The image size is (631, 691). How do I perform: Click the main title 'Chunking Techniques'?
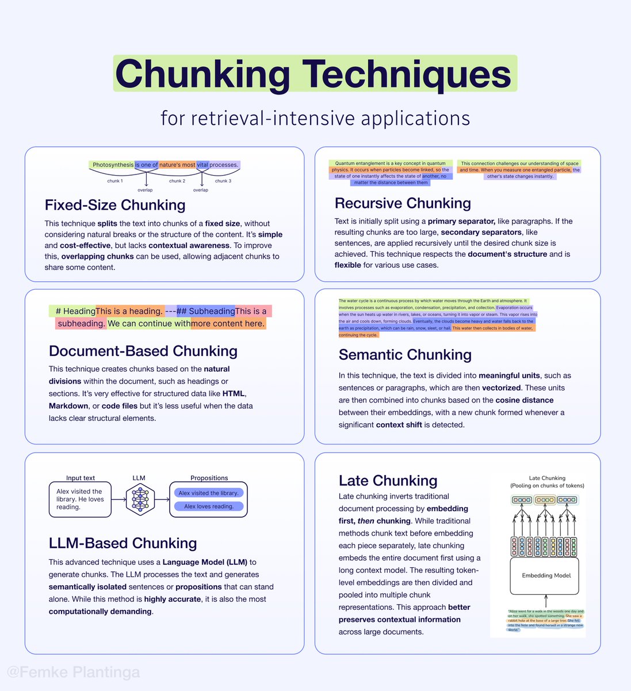click(x=315, y=74)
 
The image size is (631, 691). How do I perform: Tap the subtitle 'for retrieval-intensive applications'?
click(x=315, y=118)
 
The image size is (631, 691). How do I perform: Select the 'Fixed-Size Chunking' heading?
click(x=115, y=205)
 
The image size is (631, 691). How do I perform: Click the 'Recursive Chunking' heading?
click(x=403, y=203)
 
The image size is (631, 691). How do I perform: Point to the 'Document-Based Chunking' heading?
click(x=143, y=351)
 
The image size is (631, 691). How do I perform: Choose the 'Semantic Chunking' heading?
click(x=405, y=355)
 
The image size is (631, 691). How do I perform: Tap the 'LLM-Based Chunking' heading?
click(x=123, y=543)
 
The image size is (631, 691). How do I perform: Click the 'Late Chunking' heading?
click(x=388, y=480)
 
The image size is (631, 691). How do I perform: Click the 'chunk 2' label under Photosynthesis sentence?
click(x=177, y=181)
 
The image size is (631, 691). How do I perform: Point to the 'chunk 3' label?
click(x=223, y=181)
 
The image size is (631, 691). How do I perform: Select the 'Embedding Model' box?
click(x=546, y=575)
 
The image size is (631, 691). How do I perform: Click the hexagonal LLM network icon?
click(x=140, y=499)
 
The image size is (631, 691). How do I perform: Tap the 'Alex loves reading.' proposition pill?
click(x=209, y=507)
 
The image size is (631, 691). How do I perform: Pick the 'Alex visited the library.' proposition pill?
click(x=208, y=493)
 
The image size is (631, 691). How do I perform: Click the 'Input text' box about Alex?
click(x=80, y=499)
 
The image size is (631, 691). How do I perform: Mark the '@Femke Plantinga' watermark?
click(x=73, y=672)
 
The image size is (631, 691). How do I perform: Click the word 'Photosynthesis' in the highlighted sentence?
click(x=113, y=165)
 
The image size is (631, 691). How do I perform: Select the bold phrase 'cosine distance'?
click(x=525, y=400)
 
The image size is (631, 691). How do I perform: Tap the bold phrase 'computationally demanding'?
click(x=100, y=612)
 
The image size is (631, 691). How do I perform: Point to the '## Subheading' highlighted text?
click(x=206, y=311)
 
